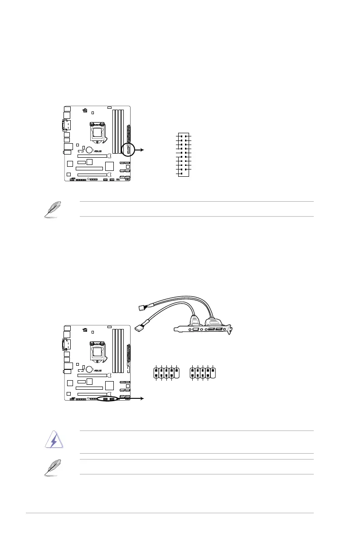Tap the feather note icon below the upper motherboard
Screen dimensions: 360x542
coord(51,210)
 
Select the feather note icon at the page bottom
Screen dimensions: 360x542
coord(51,467)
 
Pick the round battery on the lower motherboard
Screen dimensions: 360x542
coord(90,369)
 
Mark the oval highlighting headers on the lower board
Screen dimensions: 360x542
coord(108,399)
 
